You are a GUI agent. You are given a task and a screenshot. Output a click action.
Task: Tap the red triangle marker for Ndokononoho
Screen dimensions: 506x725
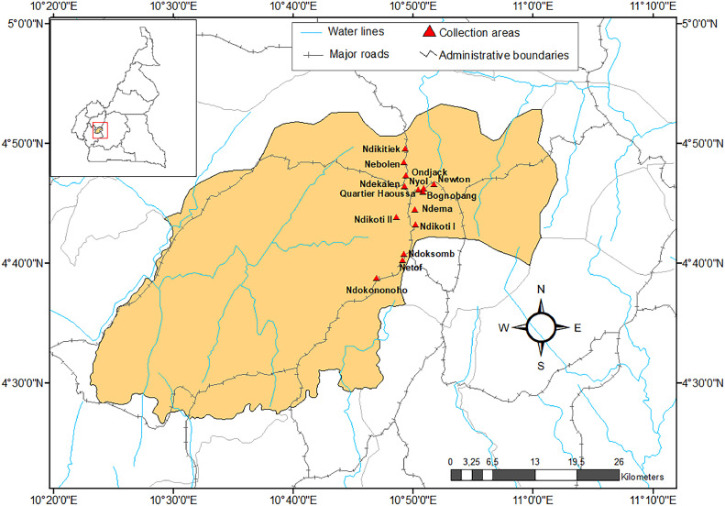377,278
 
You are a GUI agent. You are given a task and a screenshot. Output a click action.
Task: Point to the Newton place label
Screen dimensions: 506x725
454,180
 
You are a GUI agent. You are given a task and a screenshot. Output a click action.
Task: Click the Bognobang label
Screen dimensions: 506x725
453,195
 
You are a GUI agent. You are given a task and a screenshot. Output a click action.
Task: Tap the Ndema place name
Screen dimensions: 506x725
435,209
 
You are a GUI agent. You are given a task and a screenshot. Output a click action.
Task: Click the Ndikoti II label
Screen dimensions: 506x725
372,219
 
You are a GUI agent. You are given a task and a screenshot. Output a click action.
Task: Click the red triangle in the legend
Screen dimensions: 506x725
427,32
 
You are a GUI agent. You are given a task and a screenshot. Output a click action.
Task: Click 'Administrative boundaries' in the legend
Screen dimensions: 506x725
503,55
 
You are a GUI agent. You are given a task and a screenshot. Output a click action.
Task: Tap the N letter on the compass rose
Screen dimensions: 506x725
541,290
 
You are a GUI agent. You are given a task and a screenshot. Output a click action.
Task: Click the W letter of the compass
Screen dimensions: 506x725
504,327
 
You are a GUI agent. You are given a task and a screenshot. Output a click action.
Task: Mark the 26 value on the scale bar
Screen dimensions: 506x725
618,462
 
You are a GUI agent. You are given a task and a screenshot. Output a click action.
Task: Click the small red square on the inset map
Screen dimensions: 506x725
101,130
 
